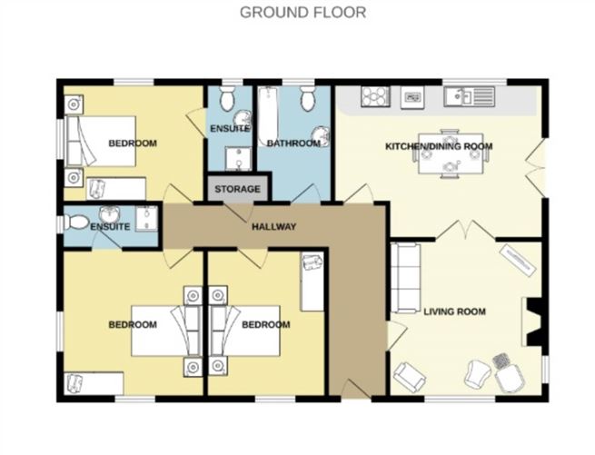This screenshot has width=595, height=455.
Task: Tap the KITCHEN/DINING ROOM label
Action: point(439,146)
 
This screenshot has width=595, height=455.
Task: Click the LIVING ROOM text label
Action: point(454,312)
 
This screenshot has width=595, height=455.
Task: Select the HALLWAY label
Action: point(273,226)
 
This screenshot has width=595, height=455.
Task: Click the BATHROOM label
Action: point(293,143)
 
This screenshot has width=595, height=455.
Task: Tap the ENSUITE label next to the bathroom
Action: point(230,129)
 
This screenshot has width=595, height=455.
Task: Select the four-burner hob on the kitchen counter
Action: point(374,95)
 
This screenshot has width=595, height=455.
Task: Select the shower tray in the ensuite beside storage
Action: point(237,162)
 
